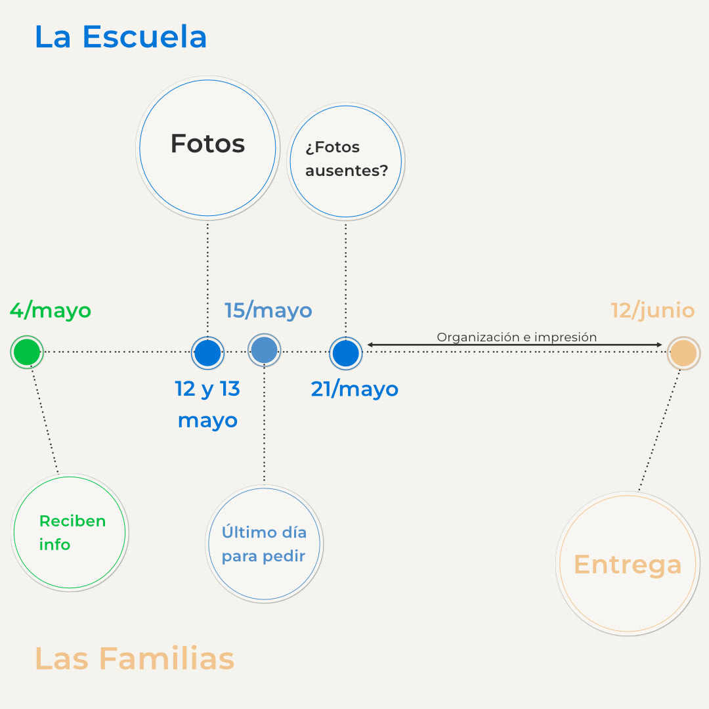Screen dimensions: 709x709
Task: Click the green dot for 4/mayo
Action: click(x=27, y=353)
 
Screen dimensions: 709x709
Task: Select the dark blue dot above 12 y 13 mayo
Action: click(x=207, y=353)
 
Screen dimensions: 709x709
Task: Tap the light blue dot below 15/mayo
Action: click(x=265, y=351)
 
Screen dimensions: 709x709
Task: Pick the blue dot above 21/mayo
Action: click(x=345, y=353)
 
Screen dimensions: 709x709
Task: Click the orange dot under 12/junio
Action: click(x=683, y=353)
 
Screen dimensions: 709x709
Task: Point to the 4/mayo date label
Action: click(x=51, y=311)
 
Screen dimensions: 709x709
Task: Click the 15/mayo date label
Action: click(x=268, y=311)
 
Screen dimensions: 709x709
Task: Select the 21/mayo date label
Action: click(x=354, y=389)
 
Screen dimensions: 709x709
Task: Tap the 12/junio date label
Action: click(x=653, y=311)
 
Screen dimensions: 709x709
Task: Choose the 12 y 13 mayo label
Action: click(x=207, y=404)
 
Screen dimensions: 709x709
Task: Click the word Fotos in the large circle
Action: click(x=207, y=144)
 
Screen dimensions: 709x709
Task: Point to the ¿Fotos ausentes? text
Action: click(x=346, y=159)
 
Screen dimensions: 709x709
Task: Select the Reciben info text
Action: click(x=72, y=532)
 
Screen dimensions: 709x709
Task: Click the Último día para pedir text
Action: click(x=264, y=544)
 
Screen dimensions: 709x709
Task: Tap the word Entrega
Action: click(x=628, y=565)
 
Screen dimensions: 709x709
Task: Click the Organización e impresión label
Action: click(x=517, y=337)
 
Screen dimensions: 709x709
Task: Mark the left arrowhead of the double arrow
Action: click(x=370, y=345)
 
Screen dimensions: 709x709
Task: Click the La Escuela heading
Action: click(x=121, y=37)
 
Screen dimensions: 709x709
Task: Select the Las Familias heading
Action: click(x=134, y=658)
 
